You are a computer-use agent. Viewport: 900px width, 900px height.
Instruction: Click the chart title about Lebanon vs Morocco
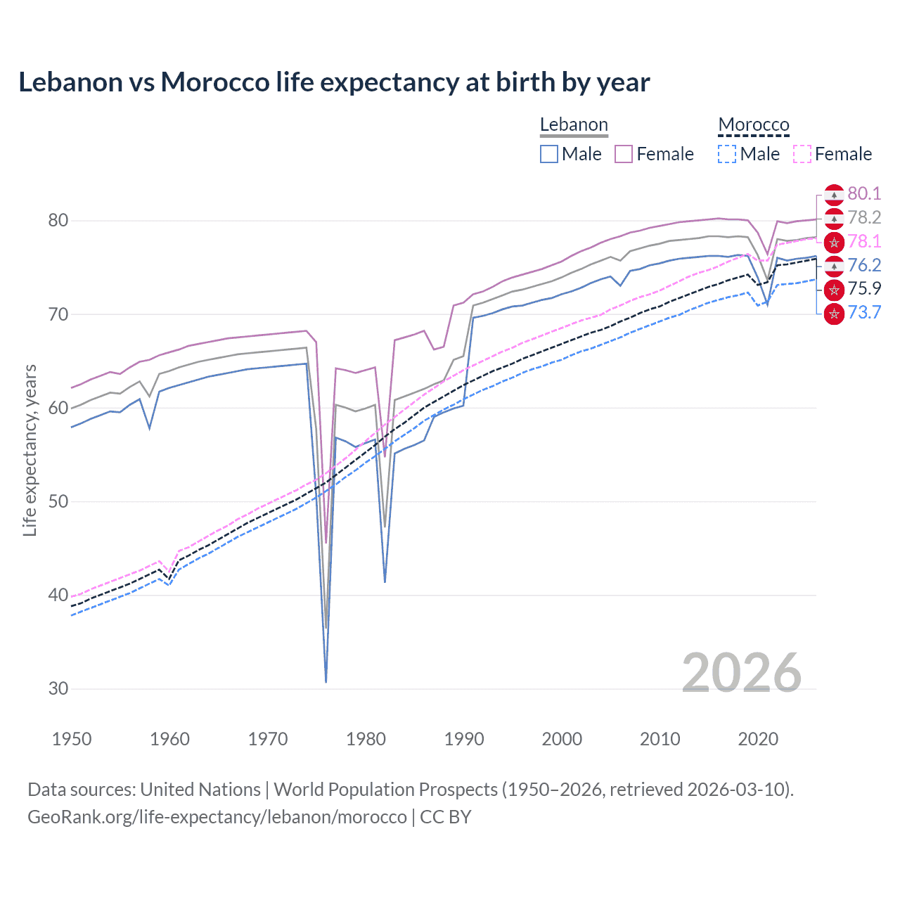pos(334,82)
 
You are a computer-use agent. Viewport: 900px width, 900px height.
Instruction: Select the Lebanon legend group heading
pos(574,125)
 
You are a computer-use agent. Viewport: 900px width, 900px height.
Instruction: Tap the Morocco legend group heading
pos(754,125)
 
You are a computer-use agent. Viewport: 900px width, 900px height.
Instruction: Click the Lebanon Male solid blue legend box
pos(549,154)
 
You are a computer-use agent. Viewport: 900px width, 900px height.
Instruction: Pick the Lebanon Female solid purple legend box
pos(624,154)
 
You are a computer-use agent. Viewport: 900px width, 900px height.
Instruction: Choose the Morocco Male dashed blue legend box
pos(727,154)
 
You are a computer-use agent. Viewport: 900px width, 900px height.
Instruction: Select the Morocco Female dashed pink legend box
pos(802,154)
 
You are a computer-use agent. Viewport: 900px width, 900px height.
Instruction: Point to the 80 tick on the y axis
pos(58,221)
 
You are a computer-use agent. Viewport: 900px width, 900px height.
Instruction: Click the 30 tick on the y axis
pos(58,689)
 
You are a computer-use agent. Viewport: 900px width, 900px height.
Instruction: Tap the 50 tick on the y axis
pos(58,502)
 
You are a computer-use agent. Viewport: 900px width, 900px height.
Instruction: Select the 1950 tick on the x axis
pos(72,739)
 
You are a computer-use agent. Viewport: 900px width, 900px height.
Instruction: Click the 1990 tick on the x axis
pos(464,739)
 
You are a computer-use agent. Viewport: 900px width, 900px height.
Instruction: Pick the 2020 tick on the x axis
pos(758,739)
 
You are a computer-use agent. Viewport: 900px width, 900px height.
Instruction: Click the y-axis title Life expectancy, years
pos(30,450)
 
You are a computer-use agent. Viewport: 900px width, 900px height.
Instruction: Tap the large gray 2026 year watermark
pos(741,674)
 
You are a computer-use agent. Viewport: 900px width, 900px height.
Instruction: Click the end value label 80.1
pos(864,194)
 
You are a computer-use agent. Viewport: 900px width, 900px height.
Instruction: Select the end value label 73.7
pos(864,313)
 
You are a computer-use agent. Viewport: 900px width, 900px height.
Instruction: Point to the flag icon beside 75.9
pos(834,289)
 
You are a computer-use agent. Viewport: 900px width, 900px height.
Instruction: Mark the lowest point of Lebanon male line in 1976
pos(326,681)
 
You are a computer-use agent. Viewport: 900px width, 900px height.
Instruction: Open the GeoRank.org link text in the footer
pos(217,817)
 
